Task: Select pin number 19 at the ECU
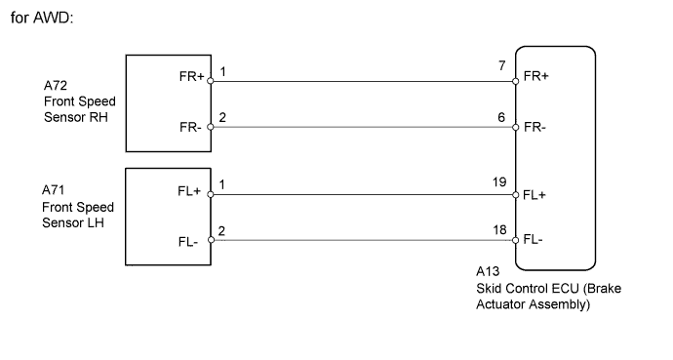[x=499, y=181]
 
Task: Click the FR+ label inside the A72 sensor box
[x=191, y=79]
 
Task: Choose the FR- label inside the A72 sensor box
[x=191, y=128]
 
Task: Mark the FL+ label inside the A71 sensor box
[x=190, y=192]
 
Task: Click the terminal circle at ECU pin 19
[x=515, y=193]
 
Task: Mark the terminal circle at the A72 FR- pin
[x=210, y=128]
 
